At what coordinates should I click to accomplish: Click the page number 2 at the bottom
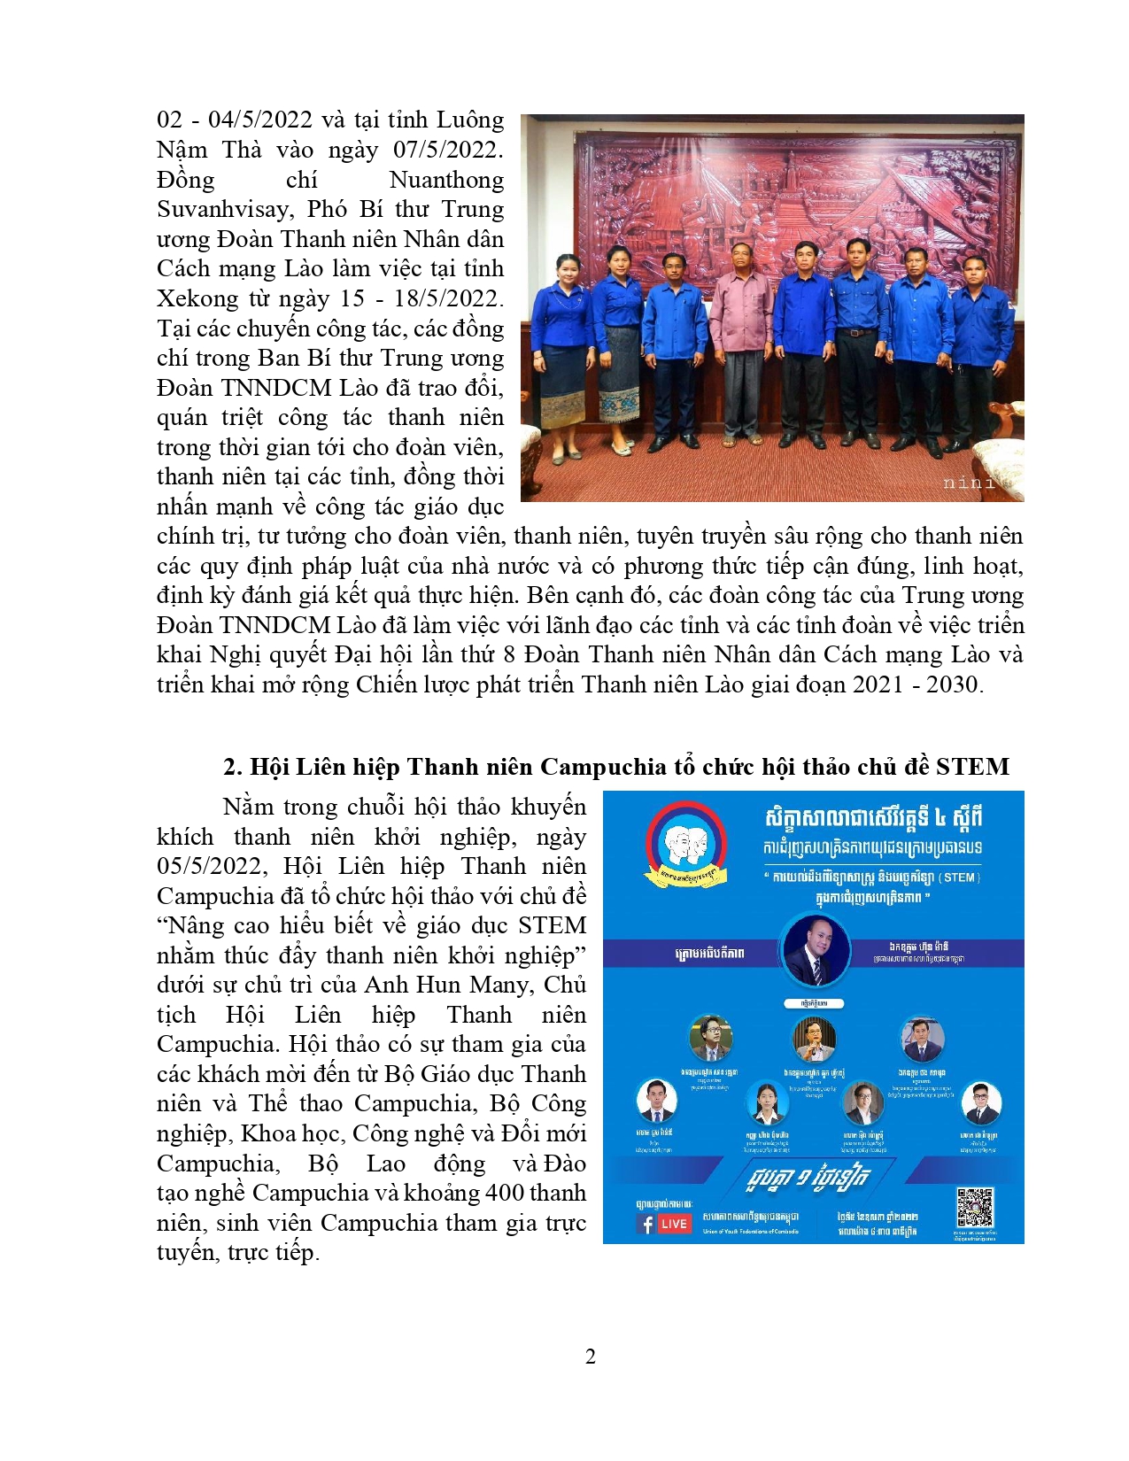591,1356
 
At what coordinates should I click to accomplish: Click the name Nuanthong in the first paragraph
446,180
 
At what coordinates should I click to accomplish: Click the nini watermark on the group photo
969,483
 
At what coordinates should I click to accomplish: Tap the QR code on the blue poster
974,1207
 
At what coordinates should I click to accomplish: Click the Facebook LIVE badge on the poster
663,1224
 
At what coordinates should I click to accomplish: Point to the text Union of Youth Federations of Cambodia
750,1231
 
